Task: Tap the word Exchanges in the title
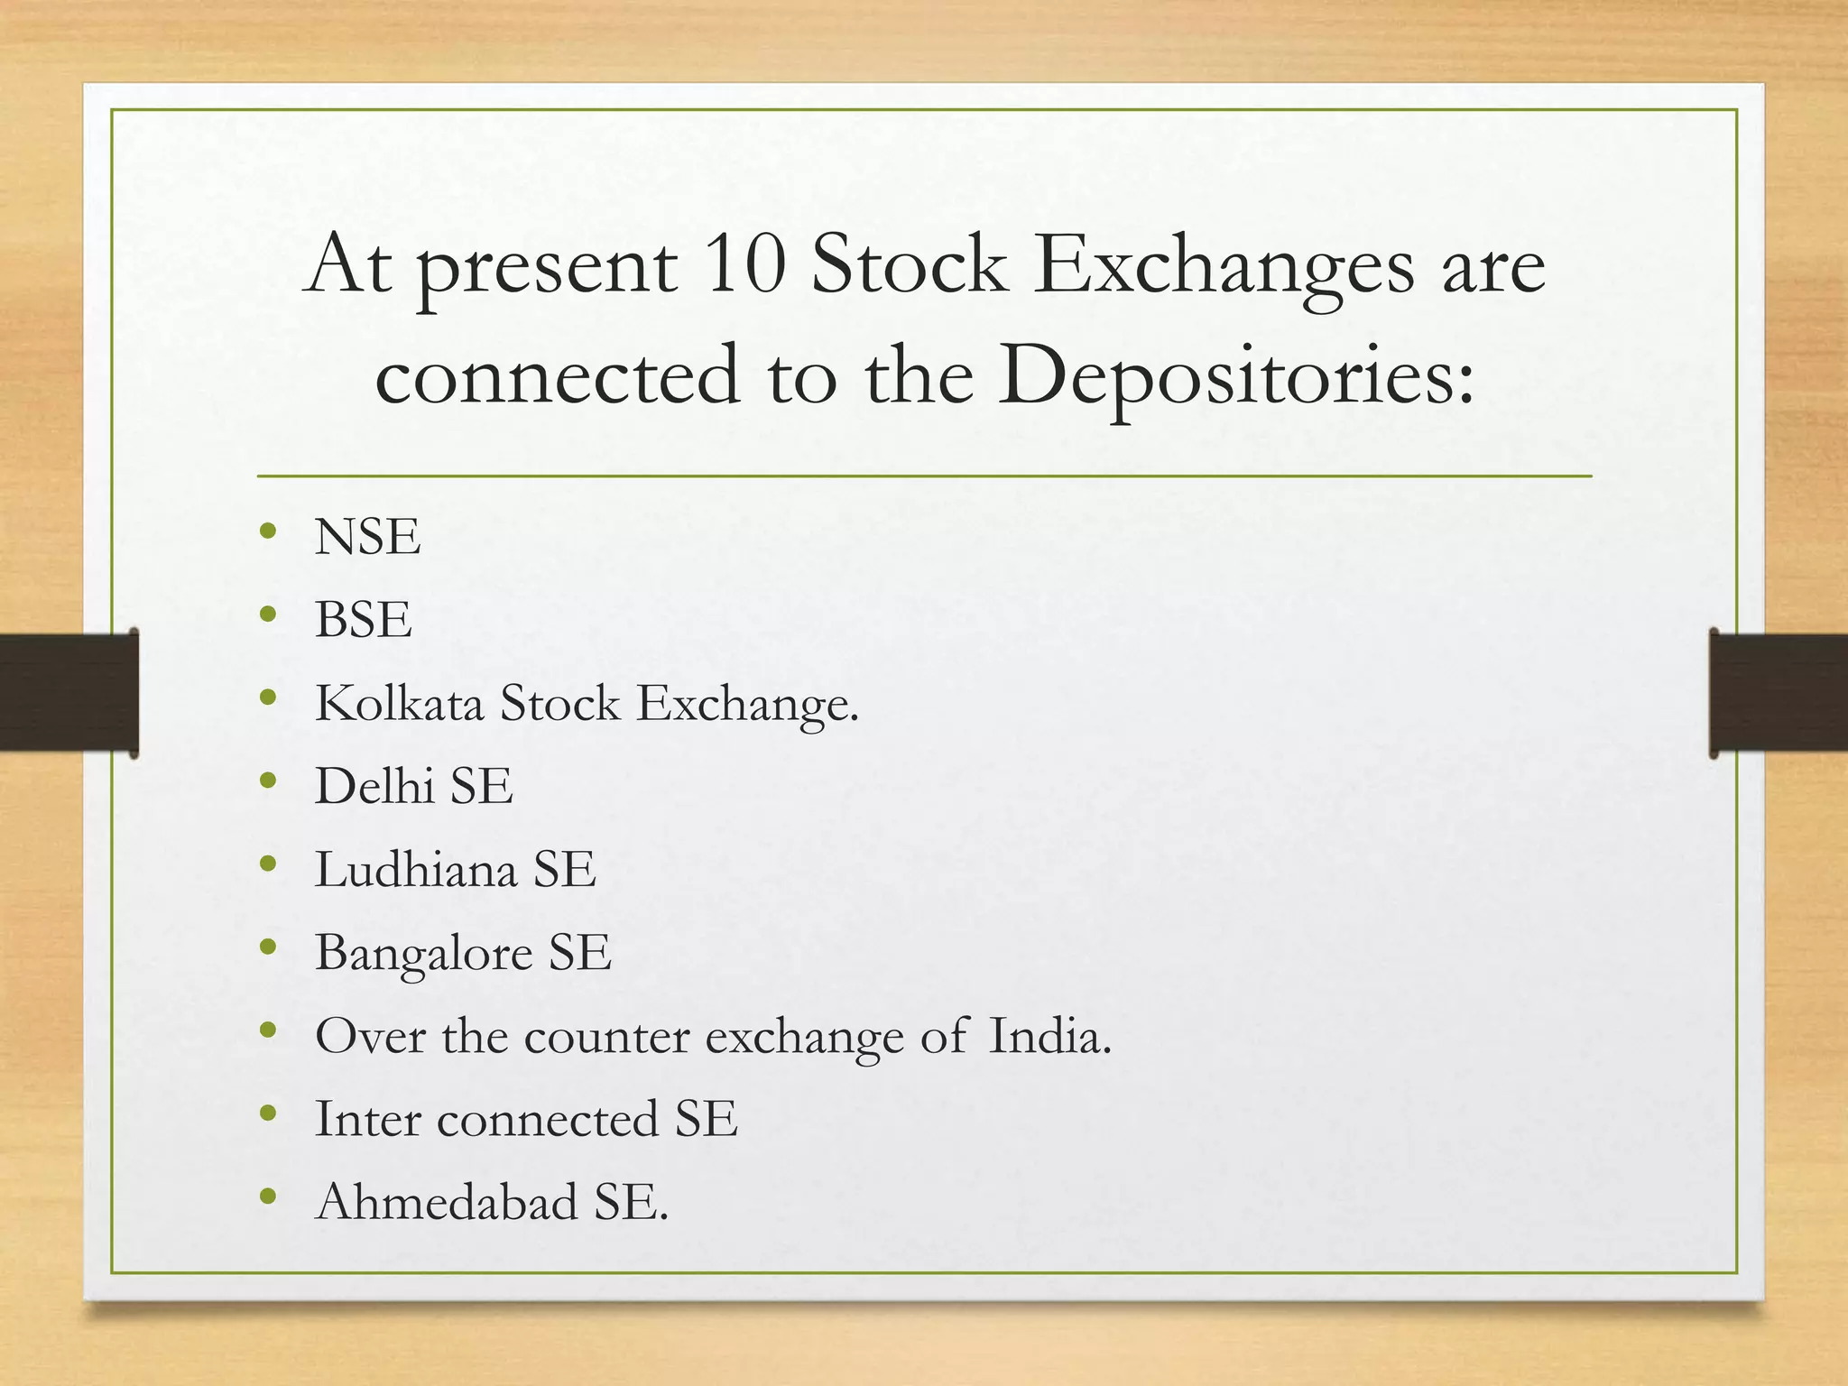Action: pyautogui.click(x=1224, y=267)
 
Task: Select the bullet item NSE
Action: pyautogui.click(x=367, y=537)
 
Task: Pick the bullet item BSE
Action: pyautogui.click(x=363, y=620)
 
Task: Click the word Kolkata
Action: pyautogui.click(x=399, y=703)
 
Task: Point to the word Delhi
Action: pyautogui.click(x=374, y=786)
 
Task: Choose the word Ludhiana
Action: pyautogui.click(x=415, y=869)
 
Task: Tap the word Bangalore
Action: pyautogui.click(x=423, y=953)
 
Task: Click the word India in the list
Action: pyautogui.click(x=1049, y=1036)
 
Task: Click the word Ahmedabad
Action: pyautogui.click(x=447, y=1202)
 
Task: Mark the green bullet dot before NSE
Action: pyautogui.click(x=267, y=531)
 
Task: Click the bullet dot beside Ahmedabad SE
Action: pyautogui.click(x=267, y=1197)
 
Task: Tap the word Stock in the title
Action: pyautogui.click(x=909, y=265)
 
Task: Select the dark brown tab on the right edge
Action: pyautogui.click(x=1779, y=693)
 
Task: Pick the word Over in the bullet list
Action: pyautogui.click(x=370, y=1036)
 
